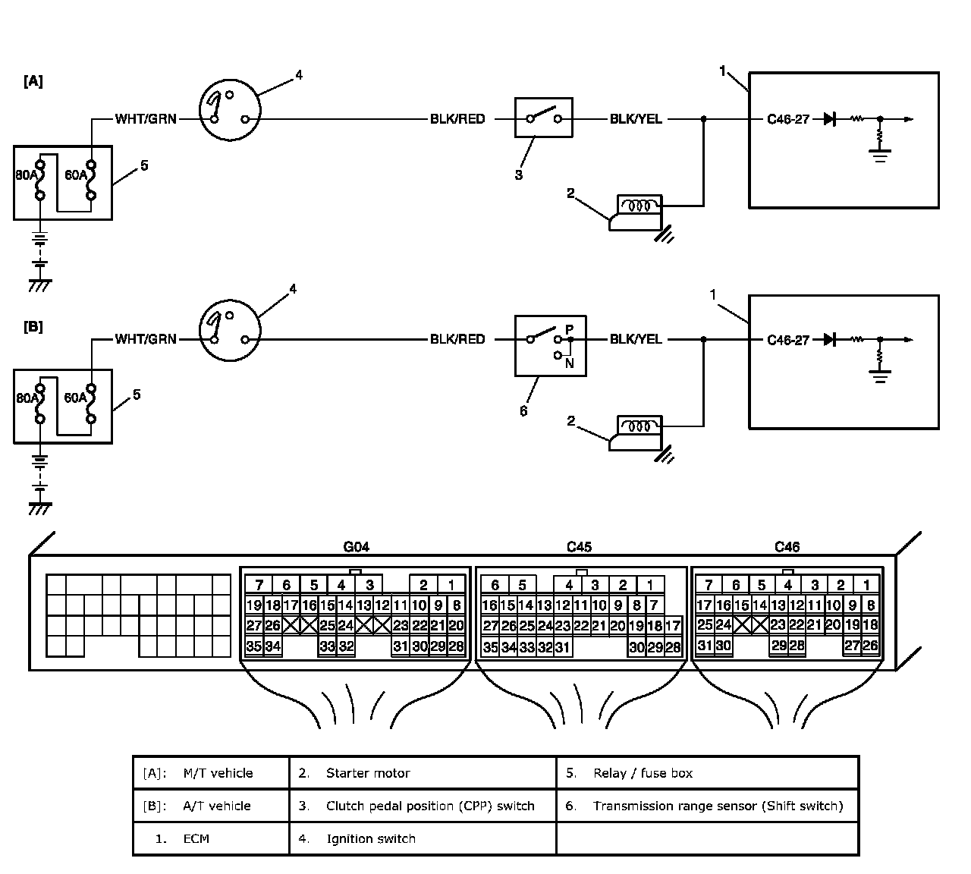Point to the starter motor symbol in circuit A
[x=636, y=212]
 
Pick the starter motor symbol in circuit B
[x=636, y=433]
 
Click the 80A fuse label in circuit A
[x=26, y=174]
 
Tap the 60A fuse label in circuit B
[x=76, y=398]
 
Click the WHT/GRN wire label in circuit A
[x=146, y=119]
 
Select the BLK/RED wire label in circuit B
[x=457, y=339]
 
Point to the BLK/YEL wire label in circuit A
[x=636, y=119]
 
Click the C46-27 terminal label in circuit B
[x=788, y=341]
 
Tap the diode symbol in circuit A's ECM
[x=830, y=118]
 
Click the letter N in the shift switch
[x=569, y=363]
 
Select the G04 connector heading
[x=357, y=547]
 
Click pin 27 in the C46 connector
[x=852, y=645]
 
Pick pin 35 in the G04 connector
[x=254, y=646]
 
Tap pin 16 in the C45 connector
[x=490, y=605]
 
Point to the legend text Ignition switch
[x=371, y=838]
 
